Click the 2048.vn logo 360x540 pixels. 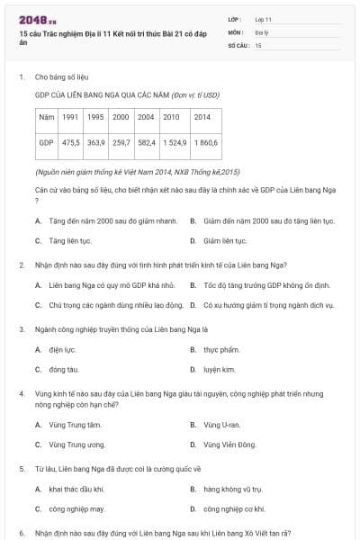click(x=37, y=19)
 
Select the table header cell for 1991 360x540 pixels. click(x=70, y=117)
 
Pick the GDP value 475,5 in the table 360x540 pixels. click(x=70, y=142)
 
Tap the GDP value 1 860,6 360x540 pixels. click(x=204, y=142)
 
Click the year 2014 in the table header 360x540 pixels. click(x=202, y=117)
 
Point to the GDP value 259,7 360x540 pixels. click(x=121, y=142)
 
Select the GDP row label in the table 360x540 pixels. click(x=47, y=142)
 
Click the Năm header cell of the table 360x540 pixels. click(x=47, y=117)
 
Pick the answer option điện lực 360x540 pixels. click(x=62, y=349)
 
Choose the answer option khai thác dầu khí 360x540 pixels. click(x=76, y=489)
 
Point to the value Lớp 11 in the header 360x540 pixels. click(x=263, y=19)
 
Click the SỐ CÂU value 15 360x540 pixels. click(x=258, y=44)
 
